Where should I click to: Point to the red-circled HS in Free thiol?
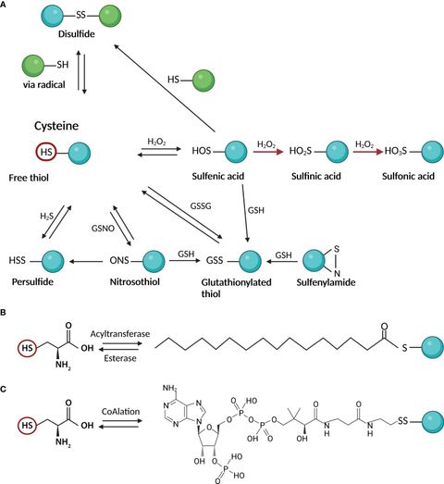43,150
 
